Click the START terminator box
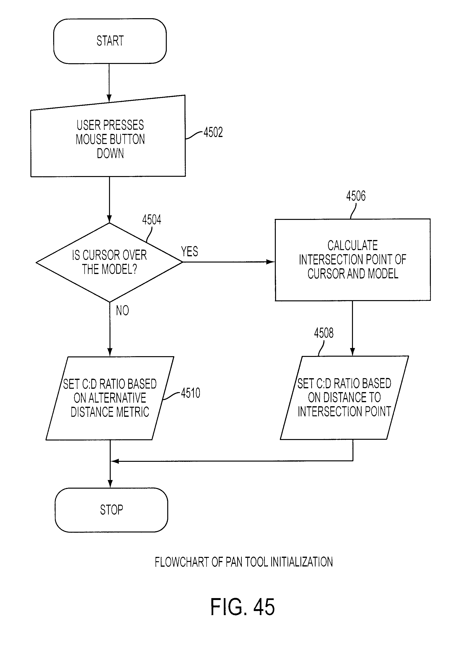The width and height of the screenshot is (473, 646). [x=110, y=41]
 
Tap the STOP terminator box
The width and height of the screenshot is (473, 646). [x=111, y=510]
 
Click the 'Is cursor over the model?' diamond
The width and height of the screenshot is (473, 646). [x=109, y=262]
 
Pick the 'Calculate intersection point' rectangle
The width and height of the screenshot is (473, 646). [x=353, y=260]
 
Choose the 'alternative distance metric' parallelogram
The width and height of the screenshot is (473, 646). [x=110, y=398]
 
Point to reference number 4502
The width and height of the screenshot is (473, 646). [x=213, y=132]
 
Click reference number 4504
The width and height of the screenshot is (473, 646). [x=152, y=220]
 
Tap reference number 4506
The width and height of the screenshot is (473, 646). [x=356, y=196]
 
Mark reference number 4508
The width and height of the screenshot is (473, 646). [x=324, y=333]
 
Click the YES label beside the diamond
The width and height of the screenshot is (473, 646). [x=190, y=251]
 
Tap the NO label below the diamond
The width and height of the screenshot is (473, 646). [x=122, y=310]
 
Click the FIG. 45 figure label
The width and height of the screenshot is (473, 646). [x=242, y=607]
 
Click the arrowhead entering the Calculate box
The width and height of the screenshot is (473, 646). [x=271, y=262]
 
